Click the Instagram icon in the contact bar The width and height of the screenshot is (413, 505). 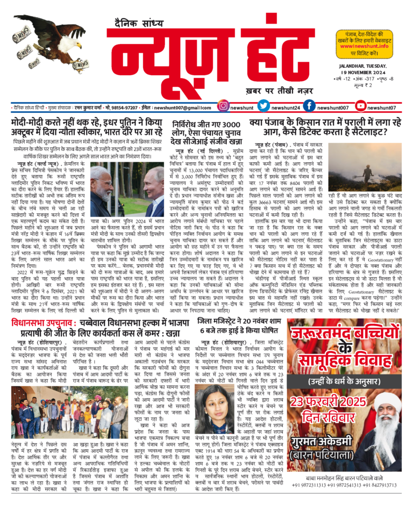[222, 107]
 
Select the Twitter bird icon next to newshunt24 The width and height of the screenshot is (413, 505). [263, 107]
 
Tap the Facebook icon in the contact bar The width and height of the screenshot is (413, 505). [309, 107]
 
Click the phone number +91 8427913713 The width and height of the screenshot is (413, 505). [381, 498]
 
